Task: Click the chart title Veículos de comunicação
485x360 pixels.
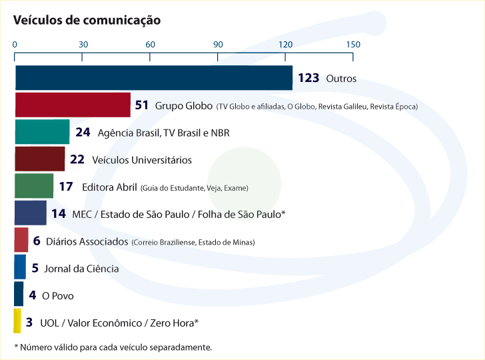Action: point(87,20)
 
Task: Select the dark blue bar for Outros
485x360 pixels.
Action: point(153,78)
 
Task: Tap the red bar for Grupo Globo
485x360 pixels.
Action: point(72,105)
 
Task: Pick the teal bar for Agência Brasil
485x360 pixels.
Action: point(42,133)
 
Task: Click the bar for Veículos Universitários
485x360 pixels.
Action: point(39,160)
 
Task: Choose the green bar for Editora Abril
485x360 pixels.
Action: point(34,187)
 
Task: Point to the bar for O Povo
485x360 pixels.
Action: point(19,295)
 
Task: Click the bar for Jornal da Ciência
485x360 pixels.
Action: point(20,268)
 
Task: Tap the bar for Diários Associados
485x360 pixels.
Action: point(21,241)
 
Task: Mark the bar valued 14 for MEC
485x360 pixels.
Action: point(30,214)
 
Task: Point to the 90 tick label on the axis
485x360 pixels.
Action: point(217,45)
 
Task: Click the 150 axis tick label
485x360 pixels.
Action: point(353,45)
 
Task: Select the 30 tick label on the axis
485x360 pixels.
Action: point(83,45)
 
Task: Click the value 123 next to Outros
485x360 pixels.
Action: point(308,78)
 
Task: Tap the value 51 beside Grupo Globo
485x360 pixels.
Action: point(141,105)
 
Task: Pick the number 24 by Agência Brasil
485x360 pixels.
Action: point(83,133)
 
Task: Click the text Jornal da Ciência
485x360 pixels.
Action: point(81,269)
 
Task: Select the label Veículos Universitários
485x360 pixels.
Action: point(141,160)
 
